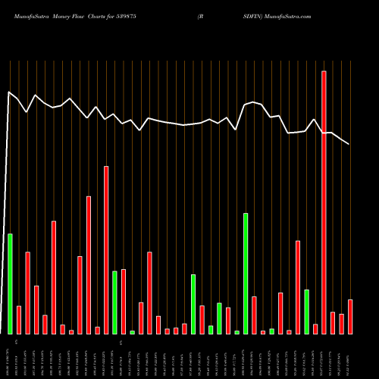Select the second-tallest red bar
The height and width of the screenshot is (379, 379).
click(106, 250)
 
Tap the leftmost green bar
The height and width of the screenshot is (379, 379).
click(10, 283)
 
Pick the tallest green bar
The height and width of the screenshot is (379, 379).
click(246, 273)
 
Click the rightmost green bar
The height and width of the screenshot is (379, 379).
click(307, 312)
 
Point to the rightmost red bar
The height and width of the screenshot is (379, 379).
click(350, 317)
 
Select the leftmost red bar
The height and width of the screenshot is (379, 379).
click(19, 320)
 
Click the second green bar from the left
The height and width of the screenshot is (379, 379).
click(114, 302)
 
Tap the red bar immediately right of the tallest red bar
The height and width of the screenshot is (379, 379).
click(333, 323)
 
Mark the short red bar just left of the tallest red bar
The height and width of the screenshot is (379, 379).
click(315, 329)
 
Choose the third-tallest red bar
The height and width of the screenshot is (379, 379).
click(89, 265)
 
